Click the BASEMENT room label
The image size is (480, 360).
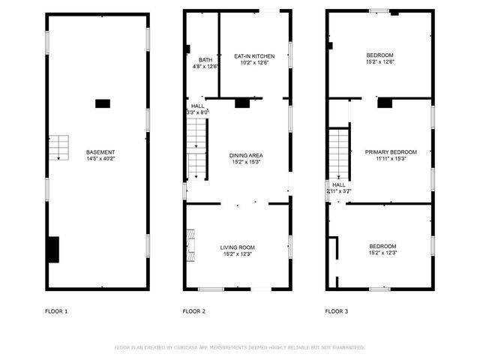[100, 151]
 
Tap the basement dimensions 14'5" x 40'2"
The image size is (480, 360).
[100, 158]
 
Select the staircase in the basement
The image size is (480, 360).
[59, 148]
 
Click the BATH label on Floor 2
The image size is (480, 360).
[205, 60]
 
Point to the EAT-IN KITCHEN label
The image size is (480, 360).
[254, 56]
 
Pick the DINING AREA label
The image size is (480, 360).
[246, 155]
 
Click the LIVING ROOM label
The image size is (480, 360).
[238, 247]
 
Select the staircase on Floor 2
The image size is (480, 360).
[196, 149]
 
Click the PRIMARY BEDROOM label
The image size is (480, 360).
[391, 152]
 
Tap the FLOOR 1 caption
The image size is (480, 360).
[56, 310]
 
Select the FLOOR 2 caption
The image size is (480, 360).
[194, 310]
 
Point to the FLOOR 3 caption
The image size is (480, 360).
[336, 310]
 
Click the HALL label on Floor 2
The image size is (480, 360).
[197, 106]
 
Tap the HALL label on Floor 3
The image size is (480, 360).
[339, 184]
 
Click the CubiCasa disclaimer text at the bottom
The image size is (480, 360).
[239, 347]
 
